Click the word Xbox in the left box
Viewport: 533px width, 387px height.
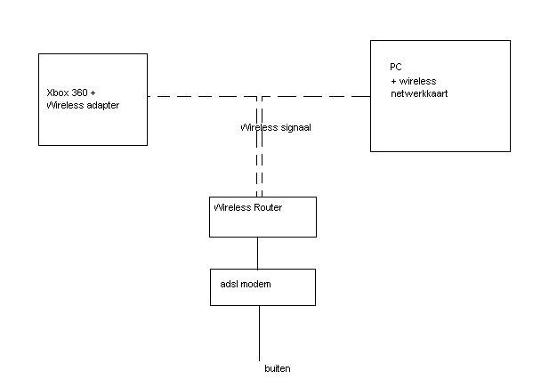pos(57,93)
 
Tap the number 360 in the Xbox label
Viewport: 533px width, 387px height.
pos(78,93)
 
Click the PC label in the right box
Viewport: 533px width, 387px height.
pos(396,67)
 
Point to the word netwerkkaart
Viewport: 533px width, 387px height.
pos(419,93)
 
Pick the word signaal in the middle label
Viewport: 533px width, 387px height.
pos(296,128)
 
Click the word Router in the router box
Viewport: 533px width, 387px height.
pos(269,207)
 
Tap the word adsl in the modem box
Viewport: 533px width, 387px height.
pos(228,284)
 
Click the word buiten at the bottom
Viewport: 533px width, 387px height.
pos(278,368)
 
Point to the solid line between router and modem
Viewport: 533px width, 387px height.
pos(258,254)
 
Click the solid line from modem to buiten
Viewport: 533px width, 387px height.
pos(259,333)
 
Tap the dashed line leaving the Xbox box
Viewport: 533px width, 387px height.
pos(202,96)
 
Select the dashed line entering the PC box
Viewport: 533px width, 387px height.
pos(316,96)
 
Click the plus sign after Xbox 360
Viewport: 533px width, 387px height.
pos(93,93)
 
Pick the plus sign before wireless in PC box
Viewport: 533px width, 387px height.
pos(393,82)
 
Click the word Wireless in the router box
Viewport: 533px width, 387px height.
pos(233,207)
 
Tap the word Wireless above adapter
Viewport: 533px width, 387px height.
pos(65,105)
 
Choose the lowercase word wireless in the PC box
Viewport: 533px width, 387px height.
pos(417,81)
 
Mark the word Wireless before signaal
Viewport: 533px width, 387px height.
pos(259,128)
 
